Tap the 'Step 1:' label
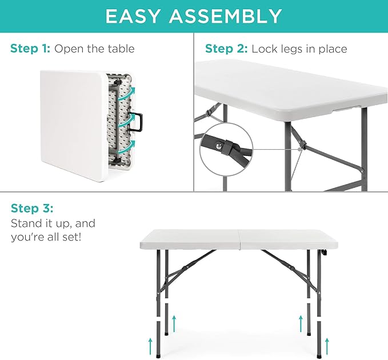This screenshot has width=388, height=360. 30,49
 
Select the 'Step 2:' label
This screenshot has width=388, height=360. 226,49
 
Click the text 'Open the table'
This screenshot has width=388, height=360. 94,49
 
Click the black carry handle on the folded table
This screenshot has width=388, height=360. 138,121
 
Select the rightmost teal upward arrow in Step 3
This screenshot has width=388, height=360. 327,345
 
